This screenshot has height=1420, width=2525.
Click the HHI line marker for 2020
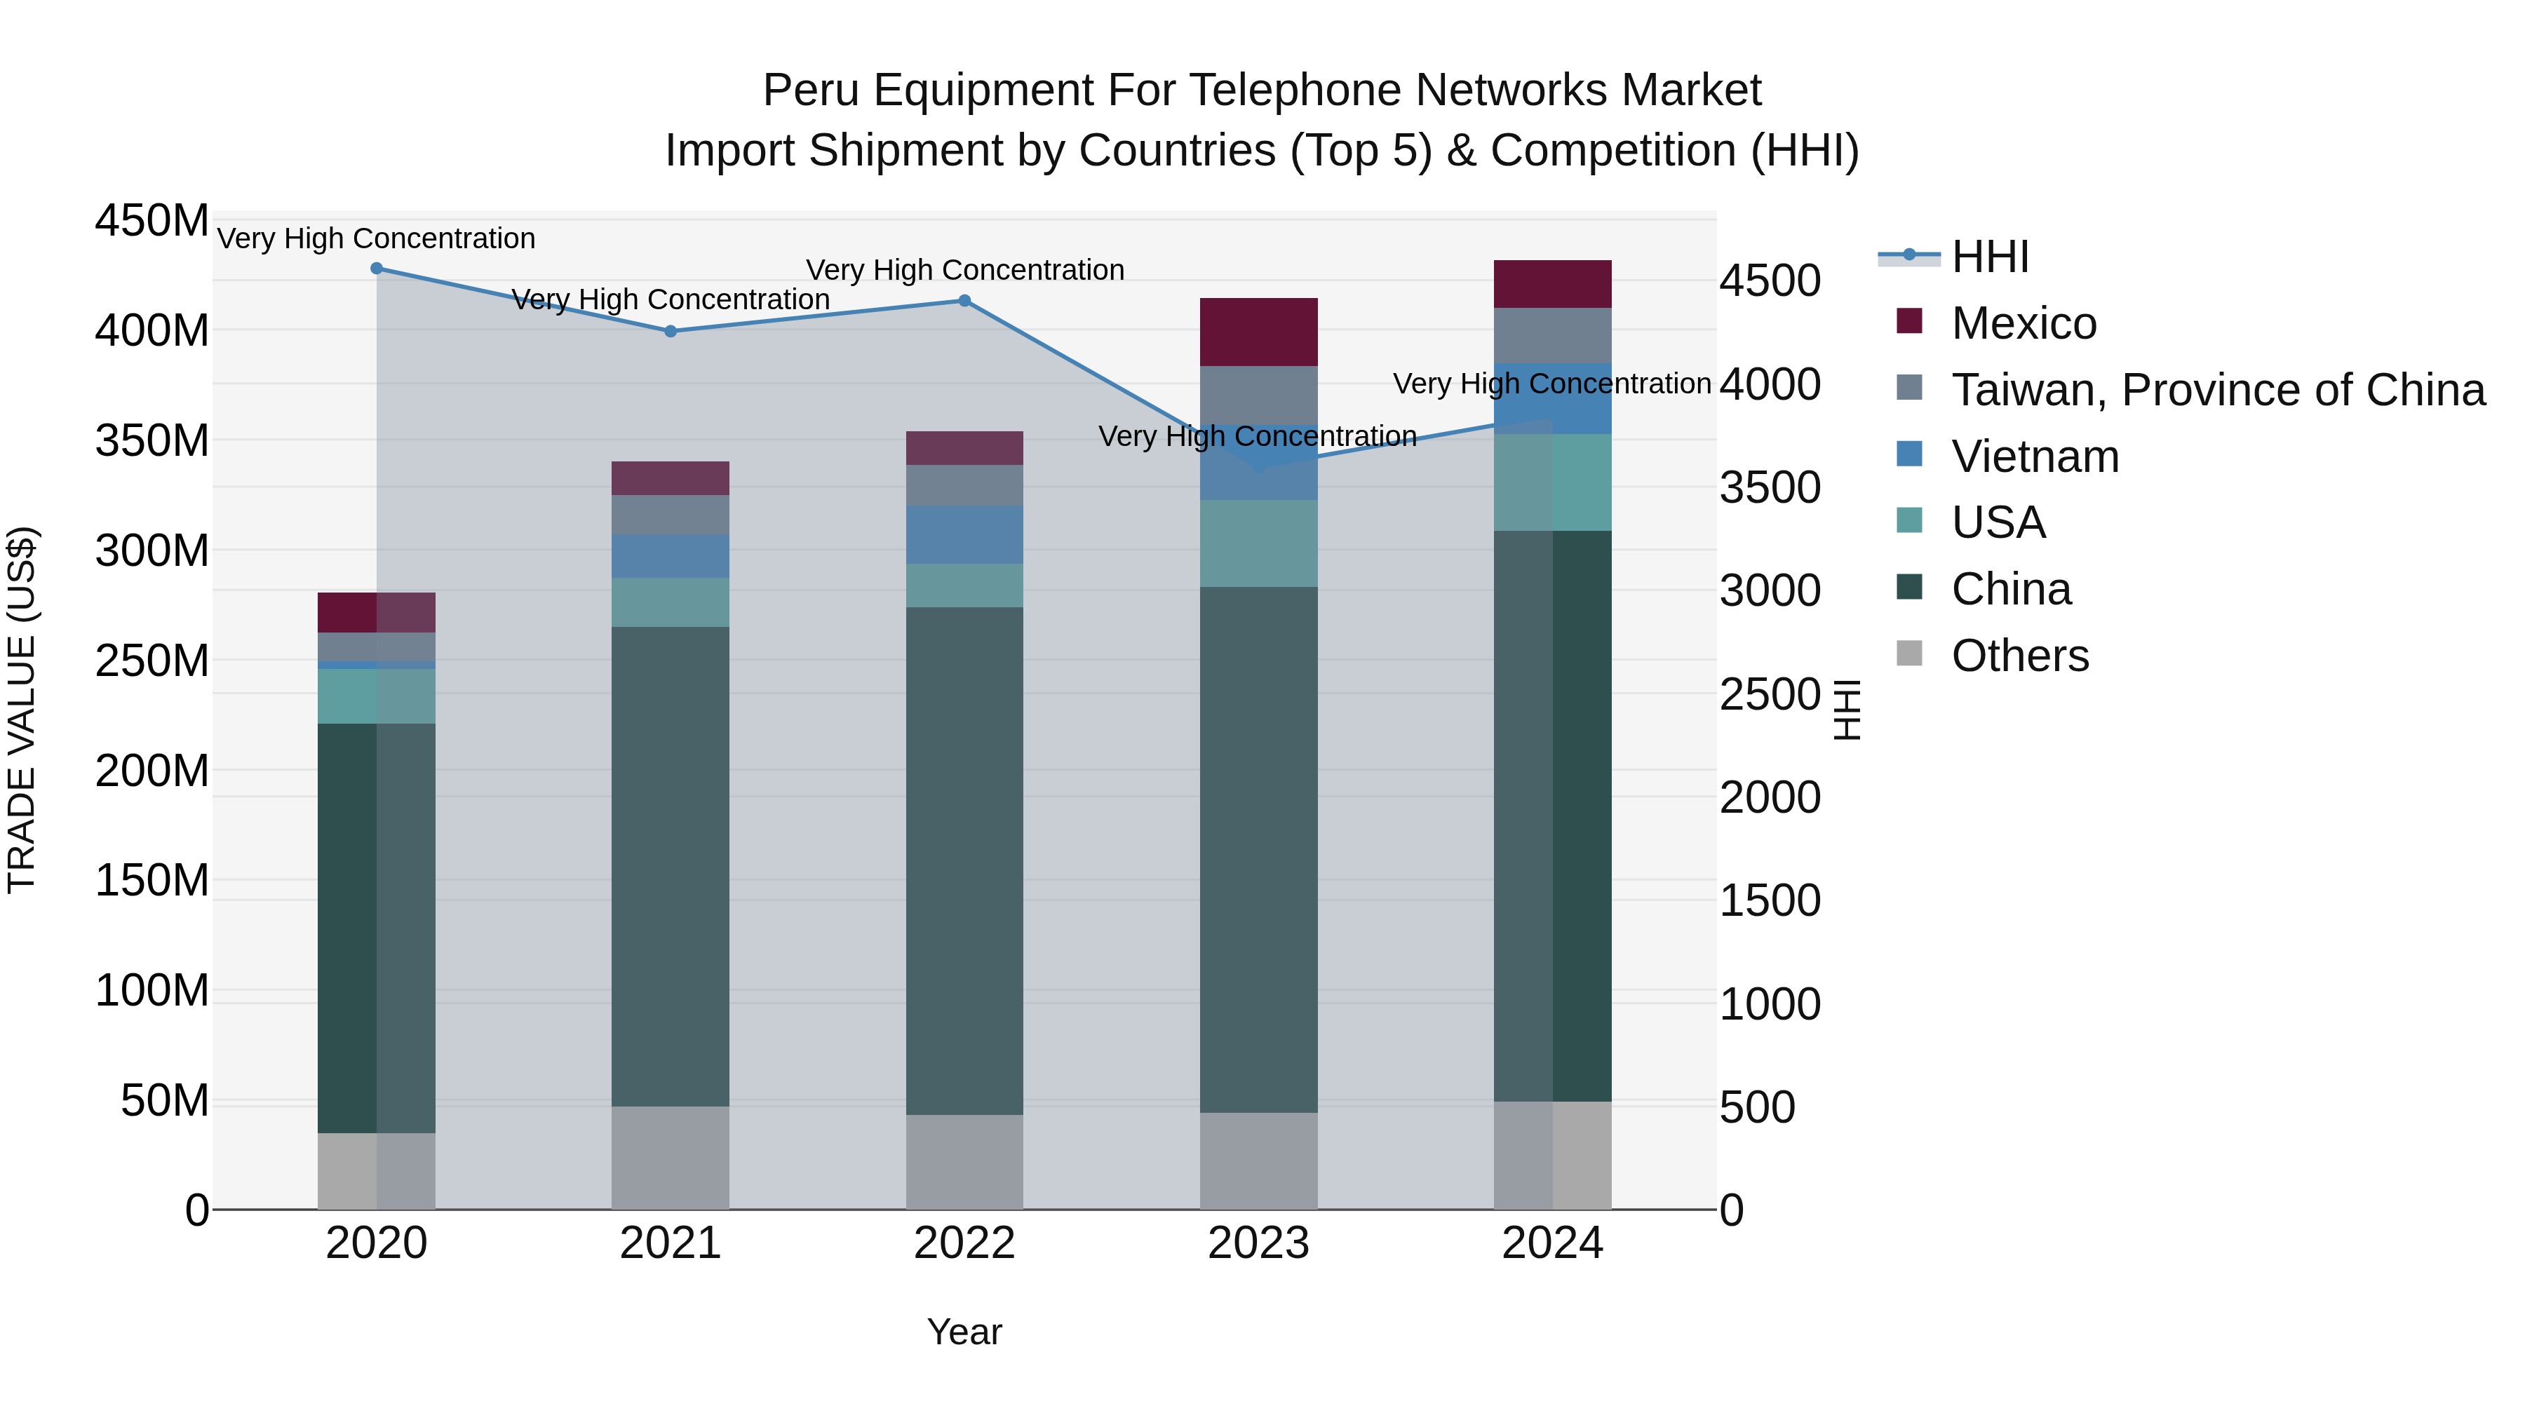pos(377,269)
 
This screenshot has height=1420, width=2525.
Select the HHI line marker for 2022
pos(964,301)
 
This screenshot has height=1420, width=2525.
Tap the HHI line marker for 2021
pos(671,331)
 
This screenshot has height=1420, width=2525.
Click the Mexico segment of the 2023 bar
pos(1258,332)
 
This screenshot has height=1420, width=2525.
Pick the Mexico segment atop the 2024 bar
pos(1553,284)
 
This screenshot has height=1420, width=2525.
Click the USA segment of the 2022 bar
pos(964,585)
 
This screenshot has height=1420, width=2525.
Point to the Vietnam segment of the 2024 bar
pos(1553,399)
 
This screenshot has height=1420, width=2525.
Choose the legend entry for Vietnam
pos(2035,457)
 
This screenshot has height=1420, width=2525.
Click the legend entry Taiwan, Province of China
pos(2217,390)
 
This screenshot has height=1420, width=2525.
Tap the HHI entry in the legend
pos(1990,257)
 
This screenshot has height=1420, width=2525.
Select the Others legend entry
pos(2019,656)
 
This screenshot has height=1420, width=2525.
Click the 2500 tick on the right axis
pos(1770,695)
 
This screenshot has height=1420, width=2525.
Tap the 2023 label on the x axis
pos(1258,1243)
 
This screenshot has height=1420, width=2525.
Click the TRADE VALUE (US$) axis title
pos(22,710)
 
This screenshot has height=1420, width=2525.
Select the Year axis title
pos(964,1332)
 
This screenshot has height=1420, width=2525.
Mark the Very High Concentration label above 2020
pos(377,238)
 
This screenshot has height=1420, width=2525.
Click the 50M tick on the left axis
pos(165,1100)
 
